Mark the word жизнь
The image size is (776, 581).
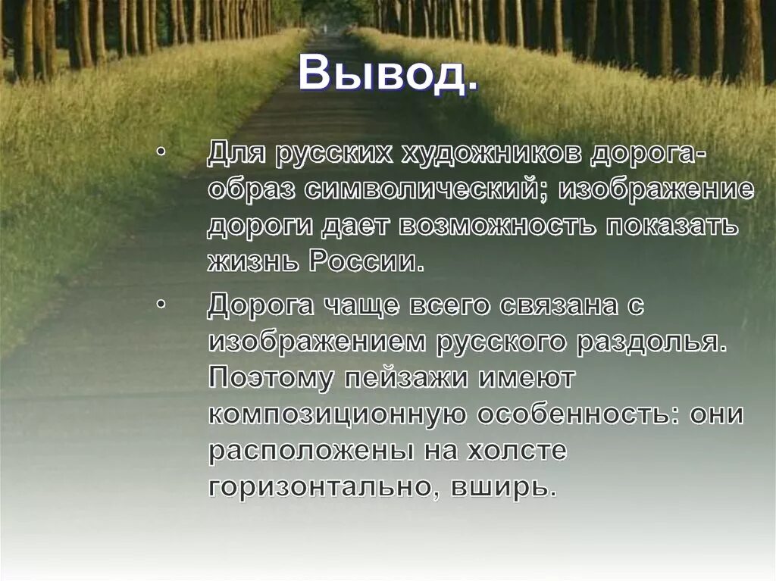(x=254, y=261)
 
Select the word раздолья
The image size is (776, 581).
(x=651, y=342)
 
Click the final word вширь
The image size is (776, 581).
(x=500, y=486)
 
